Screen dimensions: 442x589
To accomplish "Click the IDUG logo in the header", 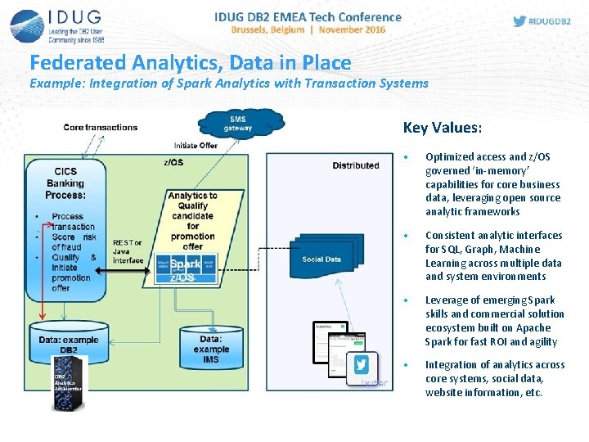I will coord(56,26).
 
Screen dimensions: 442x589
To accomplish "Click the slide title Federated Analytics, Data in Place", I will coord(190,63).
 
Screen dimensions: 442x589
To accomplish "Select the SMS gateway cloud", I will coord(241,124).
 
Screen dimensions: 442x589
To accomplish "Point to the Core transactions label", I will coord(101,127).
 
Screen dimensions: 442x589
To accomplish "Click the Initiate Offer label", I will coord(196,145).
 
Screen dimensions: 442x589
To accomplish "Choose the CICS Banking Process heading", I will coord(65,184).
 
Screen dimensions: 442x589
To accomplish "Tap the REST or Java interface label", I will coord(128,251).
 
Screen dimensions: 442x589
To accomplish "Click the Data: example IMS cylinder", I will coord(211,348).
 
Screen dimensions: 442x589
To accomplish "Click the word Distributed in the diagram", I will coord(355,165).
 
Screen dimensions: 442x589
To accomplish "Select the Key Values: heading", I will coord(442,128).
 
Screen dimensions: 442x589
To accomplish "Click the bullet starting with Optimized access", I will coord(492,184).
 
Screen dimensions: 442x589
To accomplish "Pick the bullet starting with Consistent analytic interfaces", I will coord(493,255).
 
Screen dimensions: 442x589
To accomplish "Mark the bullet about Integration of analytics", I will coord(494,378).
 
